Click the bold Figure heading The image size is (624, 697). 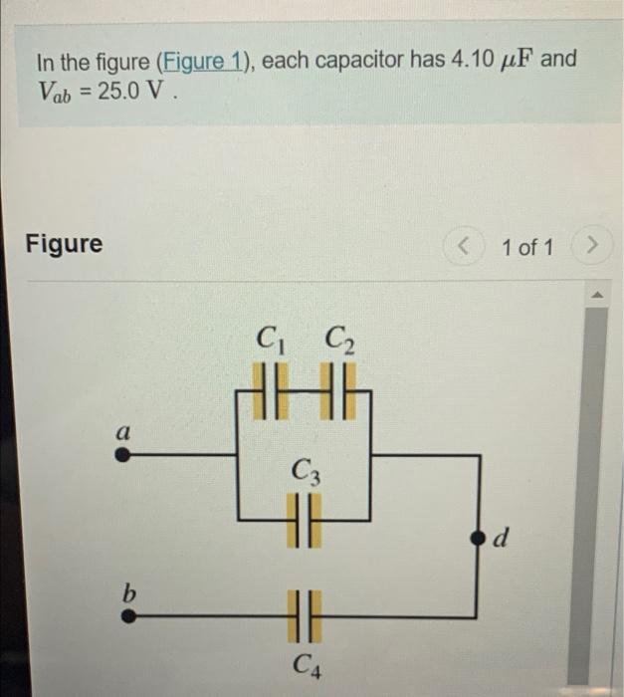[64, 244]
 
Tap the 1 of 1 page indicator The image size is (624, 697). [527, 246]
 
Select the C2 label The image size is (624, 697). [339, 341]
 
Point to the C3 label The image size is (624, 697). [306, 469]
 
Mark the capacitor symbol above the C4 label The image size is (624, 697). [305, 614]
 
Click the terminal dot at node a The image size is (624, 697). [122, 455]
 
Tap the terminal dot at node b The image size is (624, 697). [128, 615]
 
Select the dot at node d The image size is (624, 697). [476, 539]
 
